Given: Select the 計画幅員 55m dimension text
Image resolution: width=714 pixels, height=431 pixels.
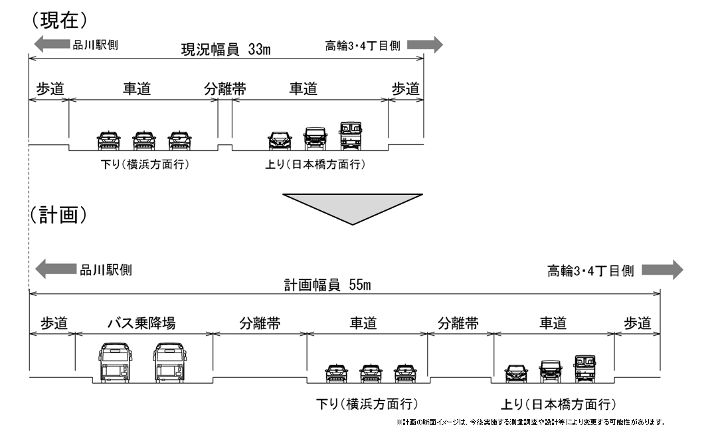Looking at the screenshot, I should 327,285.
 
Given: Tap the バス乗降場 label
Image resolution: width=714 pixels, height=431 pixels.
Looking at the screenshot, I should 141,324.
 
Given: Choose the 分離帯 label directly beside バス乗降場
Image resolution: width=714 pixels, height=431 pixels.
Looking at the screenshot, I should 260,324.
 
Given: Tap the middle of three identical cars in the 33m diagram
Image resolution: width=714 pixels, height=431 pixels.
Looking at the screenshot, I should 144,139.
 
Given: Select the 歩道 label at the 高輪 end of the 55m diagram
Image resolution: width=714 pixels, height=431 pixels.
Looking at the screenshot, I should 638,324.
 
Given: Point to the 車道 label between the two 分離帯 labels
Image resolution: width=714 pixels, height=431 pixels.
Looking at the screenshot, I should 363,324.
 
